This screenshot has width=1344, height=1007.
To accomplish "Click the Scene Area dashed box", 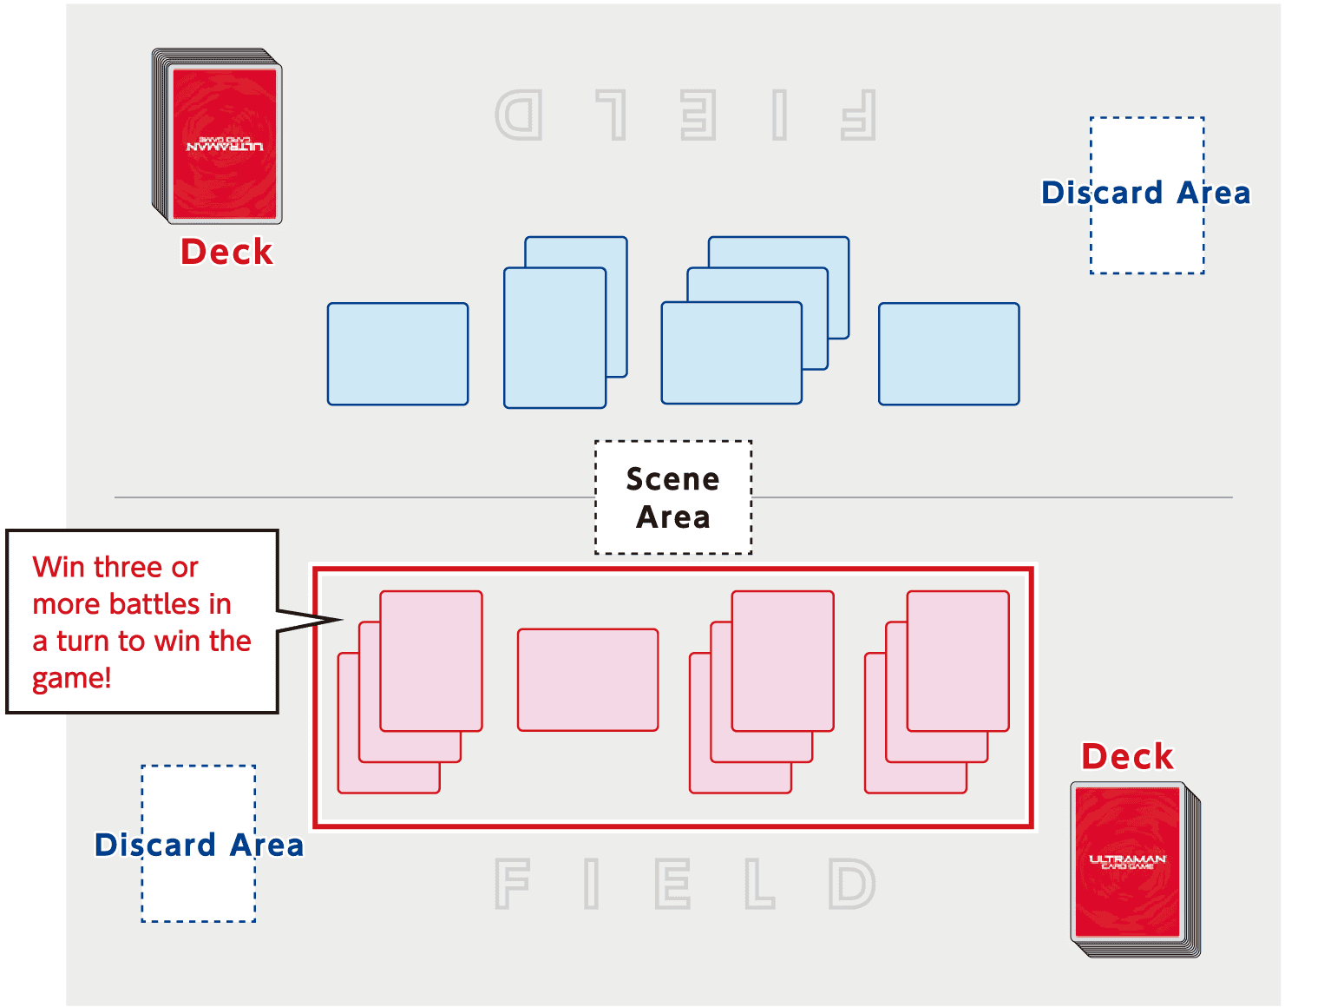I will (x=672, y=497).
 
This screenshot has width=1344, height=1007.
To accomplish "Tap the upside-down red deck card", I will (x=224, y=143).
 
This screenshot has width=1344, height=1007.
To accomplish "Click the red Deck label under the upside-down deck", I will (x=226, y=252).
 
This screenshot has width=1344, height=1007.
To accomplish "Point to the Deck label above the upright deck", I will (x=1127, y=757).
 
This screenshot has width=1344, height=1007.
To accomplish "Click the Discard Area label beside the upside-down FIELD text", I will (x=1145, y=193).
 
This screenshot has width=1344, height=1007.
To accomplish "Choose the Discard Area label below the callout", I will (x=199, y=845).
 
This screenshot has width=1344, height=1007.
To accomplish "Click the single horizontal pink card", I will (x=587, y=680).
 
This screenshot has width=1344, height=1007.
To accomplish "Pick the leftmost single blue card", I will (x=397, y=353).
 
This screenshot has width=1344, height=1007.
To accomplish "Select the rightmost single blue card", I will (x=948, y=353).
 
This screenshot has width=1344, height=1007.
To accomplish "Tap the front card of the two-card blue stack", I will (x=554, y=338).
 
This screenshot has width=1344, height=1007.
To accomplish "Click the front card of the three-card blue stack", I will (x=731, y=352).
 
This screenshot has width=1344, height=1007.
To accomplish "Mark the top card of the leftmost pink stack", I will (x=430, y=661).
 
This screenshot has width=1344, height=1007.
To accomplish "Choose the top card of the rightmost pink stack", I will (x=958, y=661).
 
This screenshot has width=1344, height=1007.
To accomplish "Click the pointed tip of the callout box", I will (x=340, y=620).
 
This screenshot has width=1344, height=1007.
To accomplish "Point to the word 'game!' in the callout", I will (x=72, y=678).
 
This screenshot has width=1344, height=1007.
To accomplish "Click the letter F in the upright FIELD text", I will (x=512, y=883).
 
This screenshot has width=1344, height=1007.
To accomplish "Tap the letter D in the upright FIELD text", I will (x=852, y=883).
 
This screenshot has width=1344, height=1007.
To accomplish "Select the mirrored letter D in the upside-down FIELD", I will (x=519, y=115).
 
